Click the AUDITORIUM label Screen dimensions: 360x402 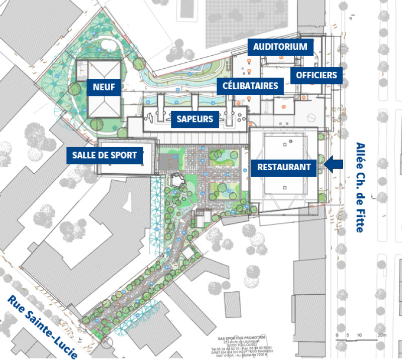click(x=280, y=47)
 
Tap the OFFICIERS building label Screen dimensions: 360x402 click(x=316, y=75)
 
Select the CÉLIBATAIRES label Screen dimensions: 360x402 click(x=250, y=86)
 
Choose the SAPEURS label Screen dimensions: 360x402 click(x=195, y=119)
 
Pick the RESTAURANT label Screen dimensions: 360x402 click(x=284, y=167)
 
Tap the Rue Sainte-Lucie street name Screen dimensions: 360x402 click(x=42, y=326)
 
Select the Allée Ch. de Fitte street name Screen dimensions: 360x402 click(x=360, y=187)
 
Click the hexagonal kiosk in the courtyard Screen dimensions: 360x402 click(x=177, y=180)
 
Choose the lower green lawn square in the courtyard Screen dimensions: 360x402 click(x=221, y=188)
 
